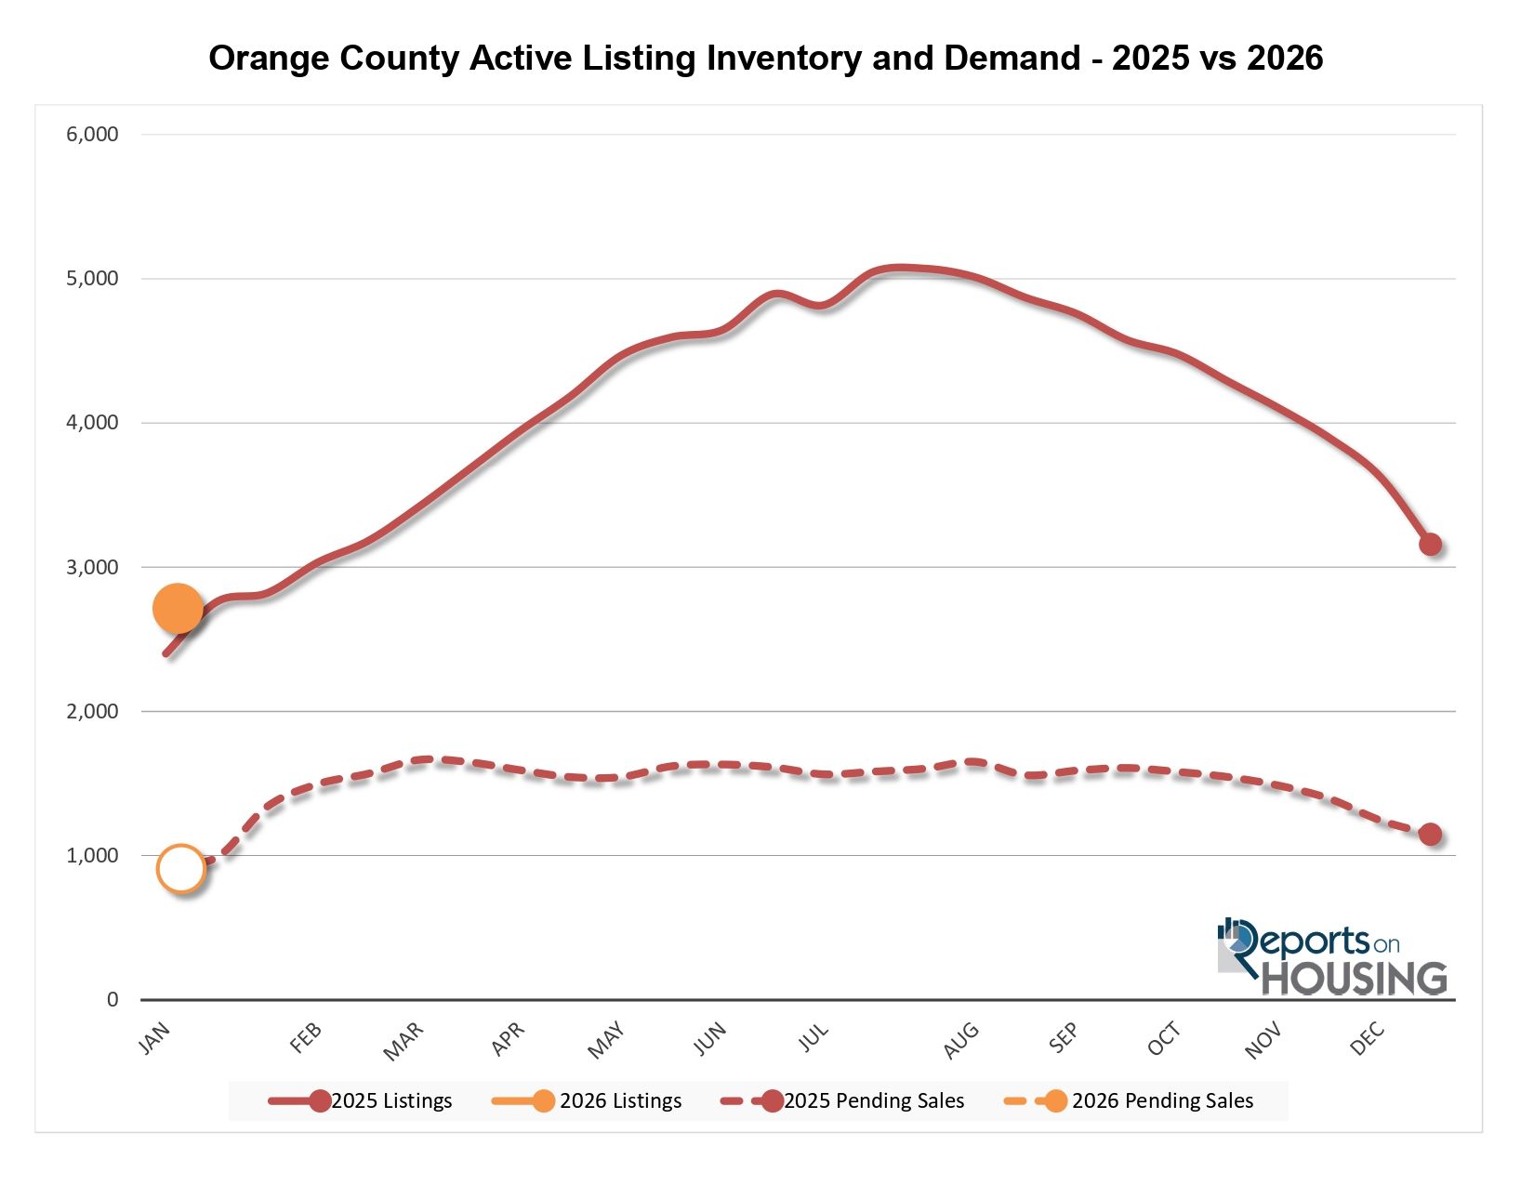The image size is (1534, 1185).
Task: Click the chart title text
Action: [x=765, y=58]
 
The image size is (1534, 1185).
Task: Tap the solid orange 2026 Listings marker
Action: [x=177, y=609]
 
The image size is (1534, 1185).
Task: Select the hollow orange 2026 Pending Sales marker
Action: [x=181, y=869]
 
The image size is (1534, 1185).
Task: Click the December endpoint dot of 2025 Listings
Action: [x=1430, y=545]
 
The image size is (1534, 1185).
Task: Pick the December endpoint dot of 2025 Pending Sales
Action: [x=1430, y=835]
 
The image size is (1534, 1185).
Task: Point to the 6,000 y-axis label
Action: [x=92, y=134]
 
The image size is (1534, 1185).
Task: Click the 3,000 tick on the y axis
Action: [x=92, y=567]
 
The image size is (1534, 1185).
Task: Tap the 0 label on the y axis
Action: [x=112, y=1000]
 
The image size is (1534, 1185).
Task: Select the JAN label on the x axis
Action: [x=154, y=1039]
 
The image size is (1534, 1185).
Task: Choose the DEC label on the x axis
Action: [x=1368, y=1039]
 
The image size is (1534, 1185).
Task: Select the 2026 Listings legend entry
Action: [x=588, y=1101]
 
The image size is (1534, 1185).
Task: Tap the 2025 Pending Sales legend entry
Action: [x=843, y=1101]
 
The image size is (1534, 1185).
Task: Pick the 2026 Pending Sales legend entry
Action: [x=1130, y=1101]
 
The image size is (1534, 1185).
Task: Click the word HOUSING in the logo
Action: [x=1354, y=979]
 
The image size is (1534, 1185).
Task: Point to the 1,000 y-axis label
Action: [x=92, y=856]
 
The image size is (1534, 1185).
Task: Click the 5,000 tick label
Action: [x=92, y=279]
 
